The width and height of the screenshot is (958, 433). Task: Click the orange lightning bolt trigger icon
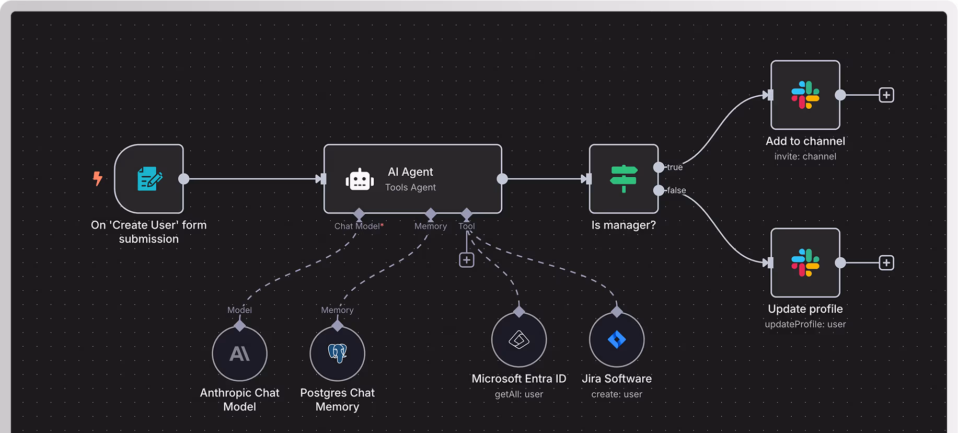pyautogui.click(x=98, y=178)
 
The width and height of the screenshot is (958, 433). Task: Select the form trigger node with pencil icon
pyautogui.click(x=149, y=179)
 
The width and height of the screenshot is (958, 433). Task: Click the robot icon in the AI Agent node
pyautogui.click(x=360, y=180)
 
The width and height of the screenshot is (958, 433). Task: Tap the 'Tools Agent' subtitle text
pyautogui.click(x=410, y=187)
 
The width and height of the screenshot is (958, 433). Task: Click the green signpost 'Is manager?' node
pyautogui.click(x=624, y=179)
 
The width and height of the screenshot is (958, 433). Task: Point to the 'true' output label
pyautogui.click(x=675, y=167)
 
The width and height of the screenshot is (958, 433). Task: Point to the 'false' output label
pyautogui.click(x=676, y=190)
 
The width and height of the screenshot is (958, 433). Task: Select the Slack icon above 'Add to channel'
pyautogui.click(x=805, y=95)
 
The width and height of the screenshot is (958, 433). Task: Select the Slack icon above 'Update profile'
pyautogui.click(x=805, y=263)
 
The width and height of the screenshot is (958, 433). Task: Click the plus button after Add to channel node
pyautogui.click(x=886, y=95)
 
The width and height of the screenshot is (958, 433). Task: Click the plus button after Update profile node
pyautogui.click(x=886, y=263)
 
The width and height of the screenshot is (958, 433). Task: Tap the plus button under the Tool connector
pyautogui.click(x=467, y=260)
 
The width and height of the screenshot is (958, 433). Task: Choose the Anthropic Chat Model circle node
pyautogui.click(x=240, y=354)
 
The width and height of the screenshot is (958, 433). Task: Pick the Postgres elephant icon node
pyautogui.click(x=338, y=354)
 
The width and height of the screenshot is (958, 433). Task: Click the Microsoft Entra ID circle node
pyautogui.click(x=519, y=340)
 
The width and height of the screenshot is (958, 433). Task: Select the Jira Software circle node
pyautogui.click(x=617, y=340)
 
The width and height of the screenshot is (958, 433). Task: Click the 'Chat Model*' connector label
pyautogui.click(x=359, y=226)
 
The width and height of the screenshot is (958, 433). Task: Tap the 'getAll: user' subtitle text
pyautogui.click(x=519, y=394)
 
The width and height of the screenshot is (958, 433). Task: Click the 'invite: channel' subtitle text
pyautogui.click(x=805, y=156)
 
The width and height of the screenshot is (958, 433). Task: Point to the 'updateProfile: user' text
pyautogui.click(x=805, y=324)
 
